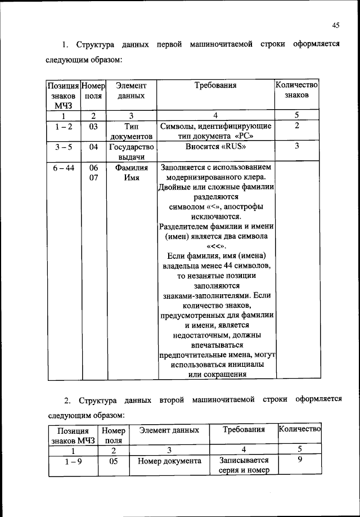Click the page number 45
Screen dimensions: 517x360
[335, 25]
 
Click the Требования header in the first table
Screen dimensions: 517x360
[215, 86]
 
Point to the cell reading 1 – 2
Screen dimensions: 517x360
[63, 127]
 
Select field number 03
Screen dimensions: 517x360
[93, 127]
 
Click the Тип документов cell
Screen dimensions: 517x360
[131, 132]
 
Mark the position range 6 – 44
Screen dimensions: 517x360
[63, 168]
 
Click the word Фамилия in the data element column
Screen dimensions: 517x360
[131, 168]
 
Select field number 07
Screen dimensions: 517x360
[93, 178]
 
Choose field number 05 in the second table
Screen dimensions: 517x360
[113, 461]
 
